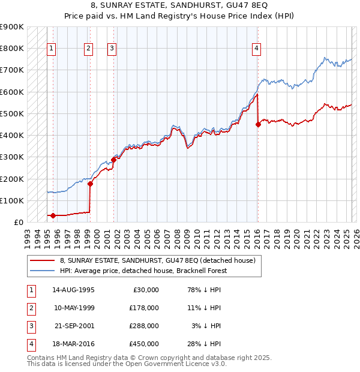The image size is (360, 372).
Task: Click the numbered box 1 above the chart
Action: point(52,49)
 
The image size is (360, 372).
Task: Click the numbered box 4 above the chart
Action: point(256,49)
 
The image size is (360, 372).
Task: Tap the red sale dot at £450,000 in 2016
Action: point(258,125)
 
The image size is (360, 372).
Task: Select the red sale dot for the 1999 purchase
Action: point(91,184)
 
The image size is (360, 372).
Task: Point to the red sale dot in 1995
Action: point(53,215)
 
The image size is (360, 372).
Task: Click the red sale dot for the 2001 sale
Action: point(113,160)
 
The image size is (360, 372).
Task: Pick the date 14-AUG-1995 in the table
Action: point(73,290)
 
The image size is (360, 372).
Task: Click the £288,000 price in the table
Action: point(145,327)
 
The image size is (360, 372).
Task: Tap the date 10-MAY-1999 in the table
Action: point(73,308)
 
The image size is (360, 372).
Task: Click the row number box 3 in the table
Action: point(31,327)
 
